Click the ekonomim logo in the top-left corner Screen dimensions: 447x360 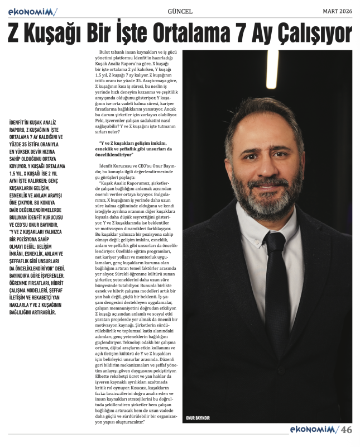pos(30,11)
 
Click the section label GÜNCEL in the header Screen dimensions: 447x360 pos(180,11)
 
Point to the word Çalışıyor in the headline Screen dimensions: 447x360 pos(316,35)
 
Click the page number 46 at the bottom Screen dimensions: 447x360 pos(347,430)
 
